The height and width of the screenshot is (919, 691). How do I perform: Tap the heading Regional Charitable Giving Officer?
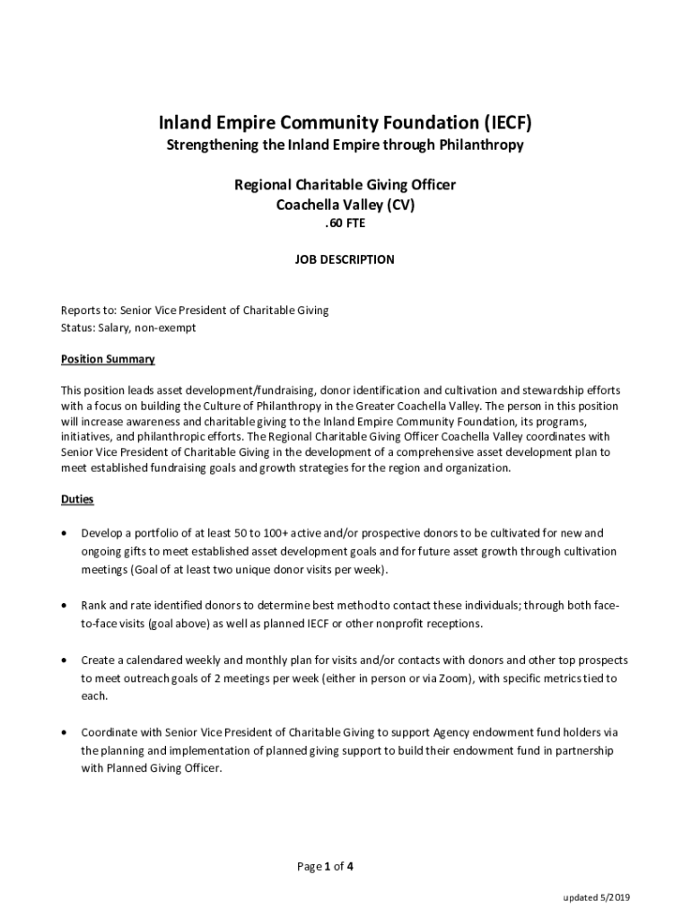click(345, 185)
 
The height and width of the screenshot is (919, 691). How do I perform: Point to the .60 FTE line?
click(345, 224)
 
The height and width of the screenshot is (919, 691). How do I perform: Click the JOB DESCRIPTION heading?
click(345, 259)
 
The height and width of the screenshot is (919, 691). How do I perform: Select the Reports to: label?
click(88, 311)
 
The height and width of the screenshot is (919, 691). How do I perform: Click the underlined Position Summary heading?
click(108, 359)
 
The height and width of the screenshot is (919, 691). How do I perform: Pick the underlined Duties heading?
click(77, 498)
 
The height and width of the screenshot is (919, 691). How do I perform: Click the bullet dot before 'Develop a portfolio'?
click(63, 533)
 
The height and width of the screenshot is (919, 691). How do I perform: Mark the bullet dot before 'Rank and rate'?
click(63, 606)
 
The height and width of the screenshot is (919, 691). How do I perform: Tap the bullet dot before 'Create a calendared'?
click(63, 660)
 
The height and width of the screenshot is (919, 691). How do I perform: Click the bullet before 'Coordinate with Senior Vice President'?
click(63, 732)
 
